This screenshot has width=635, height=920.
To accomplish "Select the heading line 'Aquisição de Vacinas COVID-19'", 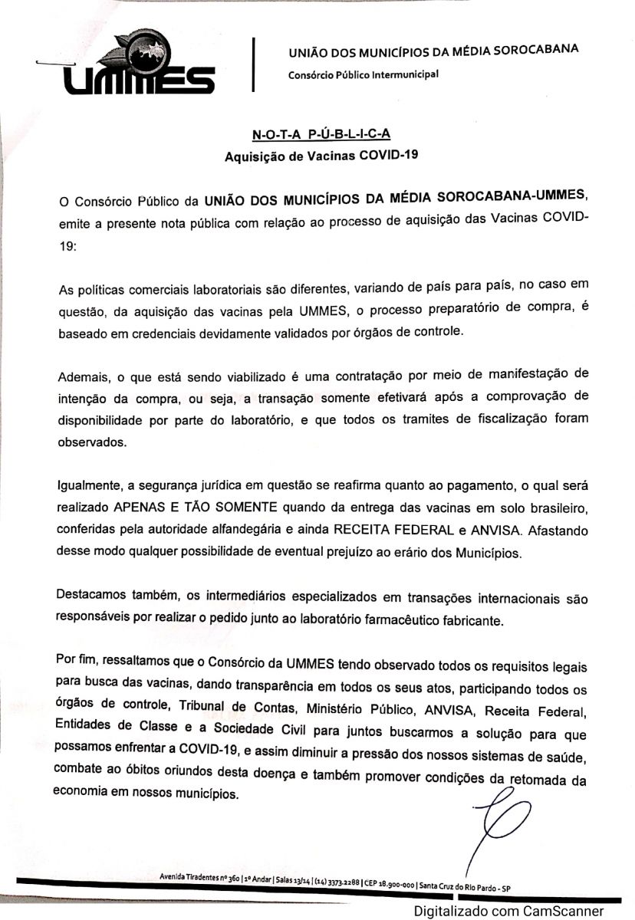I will point(321,157).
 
